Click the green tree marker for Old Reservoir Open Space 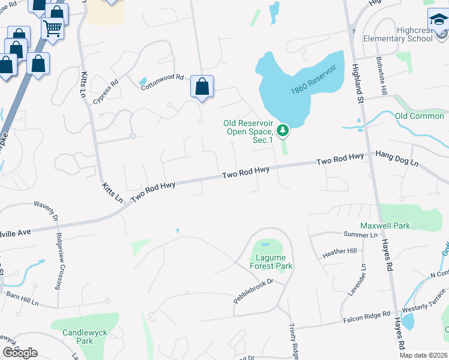pyautogui.click(x=283, y=130)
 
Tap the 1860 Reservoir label pyautogui.click(x=313, y=80)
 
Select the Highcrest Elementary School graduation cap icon pyautogui.click(x=438, y=22)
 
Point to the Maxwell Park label pyautogui.click(x=385, y=226)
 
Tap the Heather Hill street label pyautogui.click(x=340, y=251)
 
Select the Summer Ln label pyautogui.click(x=360, y=234)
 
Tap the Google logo pyautogui.click(x=20, y=353)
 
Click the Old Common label pyautogui.click(x=419, y=116)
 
